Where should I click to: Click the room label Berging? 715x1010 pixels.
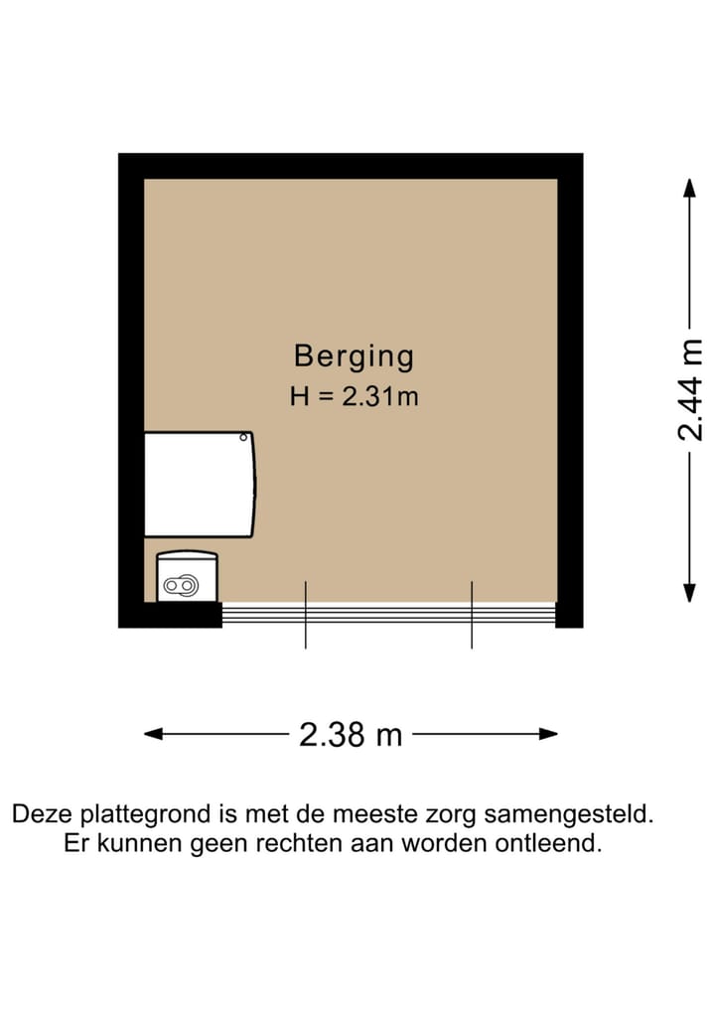click(354, 356)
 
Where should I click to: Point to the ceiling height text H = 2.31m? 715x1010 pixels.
click(354, 397)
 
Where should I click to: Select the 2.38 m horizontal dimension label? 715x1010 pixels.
click(351, 735)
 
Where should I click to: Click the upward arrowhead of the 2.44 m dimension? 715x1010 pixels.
click(689, 188)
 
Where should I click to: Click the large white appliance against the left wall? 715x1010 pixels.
click(199, 485)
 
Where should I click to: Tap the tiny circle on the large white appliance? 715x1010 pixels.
click(243, 436)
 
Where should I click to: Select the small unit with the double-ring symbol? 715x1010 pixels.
click(187, 577)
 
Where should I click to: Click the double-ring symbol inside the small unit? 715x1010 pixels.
click(182, 586)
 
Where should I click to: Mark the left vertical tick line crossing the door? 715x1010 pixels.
click(305, 615)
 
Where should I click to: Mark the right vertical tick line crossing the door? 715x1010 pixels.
click(471, 615)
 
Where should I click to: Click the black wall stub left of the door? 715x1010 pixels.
click(170, 615)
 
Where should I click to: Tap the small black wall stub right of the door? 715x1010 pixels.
click(569, 615)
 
